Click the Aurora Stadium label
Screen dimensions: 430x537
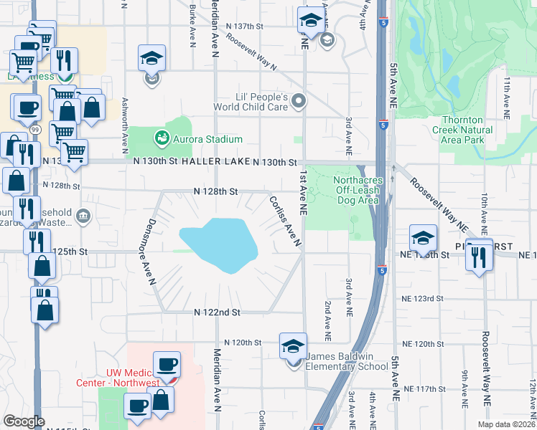click(x=207, y=139)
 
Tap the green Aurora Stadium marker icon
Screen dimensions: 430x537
click(x=162, y=138)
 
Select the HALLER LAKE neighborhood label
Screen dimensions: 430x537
click(x=215, y=163)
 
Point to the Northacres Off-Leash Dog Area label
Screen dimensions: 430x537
click(x=358, y=190)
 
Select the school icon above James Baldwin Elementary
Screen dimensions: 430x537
click(x=293, y=346)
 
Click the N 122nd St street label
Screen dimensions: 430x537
click(x=217, y=312)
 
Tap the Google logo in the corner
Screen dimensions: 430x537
click(x=24, y=421)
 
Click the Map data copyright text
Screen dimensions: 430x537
click(x=505, y=424)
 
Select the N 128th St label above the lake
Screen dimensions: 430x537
click(x=215, y=191)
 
